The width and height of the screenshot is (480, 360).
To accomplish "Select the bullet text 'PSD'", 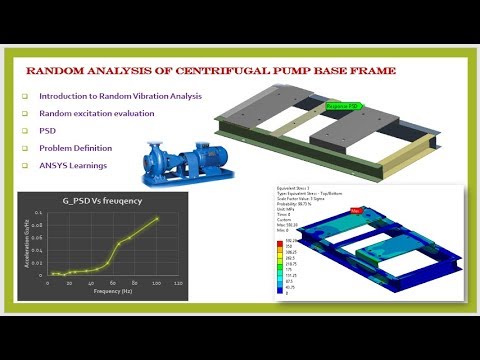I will pos(47,131).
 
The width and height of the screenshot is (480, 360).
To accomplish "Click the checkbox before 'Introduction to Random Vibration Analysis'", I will pos(24,96).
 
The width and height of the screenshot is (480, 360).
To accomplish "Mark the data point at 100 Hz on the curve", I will pos(157,219).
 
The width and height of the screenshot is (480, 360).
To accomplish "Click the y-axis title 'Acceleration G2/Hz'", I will pos(30,245).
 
